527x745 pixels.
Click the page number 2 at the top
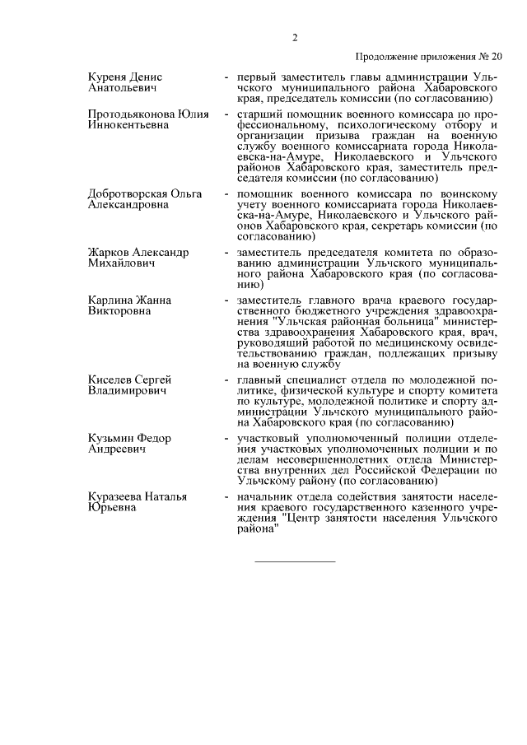click(x=294, y=37)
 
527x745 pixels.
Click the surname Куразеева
click(x=116, y=496)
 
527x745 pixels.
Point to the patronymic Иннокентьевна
click(x=128, y=124)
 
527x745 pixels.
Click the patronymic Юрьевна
click(x=113, y=508)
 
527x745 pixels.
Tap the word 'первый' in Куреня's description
click(x=254, y=77)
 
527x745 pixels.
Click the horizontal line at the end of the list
click(x=296, y=561)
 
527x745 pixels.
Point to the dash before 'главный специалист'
click(x=226, y=379)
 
